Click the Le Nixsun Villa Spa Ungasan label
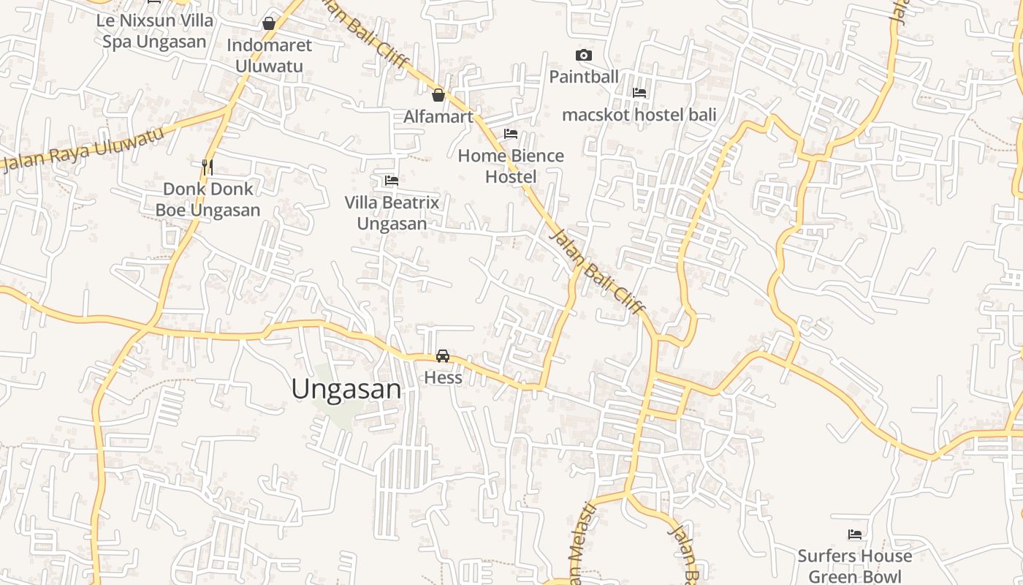tap(154, 31)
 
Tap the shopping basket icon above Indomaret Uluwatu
tap(269, 23)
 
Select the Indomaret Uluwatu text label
tap(269, 56)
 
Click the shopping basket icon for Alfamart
tap(438, 95)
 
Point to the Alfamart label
tap(438, 116)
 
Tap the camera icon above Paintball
tap(583, 56)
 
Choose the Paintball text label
tap(583, 77)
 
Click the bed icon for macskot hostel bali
tap(639, 93)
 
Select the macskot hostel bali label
tap(639, 115)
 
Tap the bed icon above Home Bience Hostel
tap(511, 134)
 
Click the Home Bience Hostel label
tap(511, 166)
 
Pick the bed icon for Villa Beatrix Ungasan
tap(392, 181)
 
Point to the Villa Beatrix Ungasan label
tap(392, 213)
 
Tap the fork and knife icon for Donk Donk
tap(208, 167)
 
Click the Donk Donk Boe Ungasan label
tap(208, 200)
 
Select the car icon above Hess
tap(443, 356)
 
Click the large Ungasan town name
tap(346, 389)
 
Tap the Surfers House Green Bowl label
tap(855, 566)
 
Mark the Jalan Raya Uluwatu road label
tap(82, 151)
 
